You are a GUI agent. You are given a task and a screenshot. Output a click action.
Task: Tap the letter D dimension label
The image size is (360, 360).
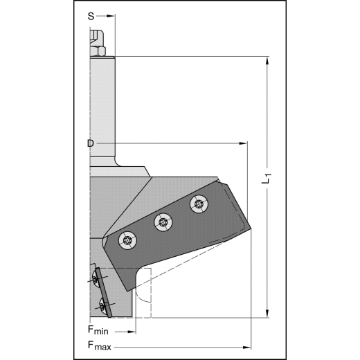pyautogui.click(x=91, y=143)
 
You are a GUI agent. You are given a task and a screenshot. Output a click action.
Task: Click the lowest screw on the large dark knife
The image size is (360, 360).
pyautogui.click(x=126, y=240)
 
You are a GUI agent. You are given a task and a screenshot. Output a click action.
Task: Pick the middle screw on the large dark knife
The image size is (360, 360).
pyautogui.click(x=163, y=222)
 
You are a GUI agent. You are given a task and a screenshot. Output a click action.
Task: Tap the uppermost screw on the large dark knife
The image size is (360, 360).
pyautogui.click(x=199, y=204)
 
